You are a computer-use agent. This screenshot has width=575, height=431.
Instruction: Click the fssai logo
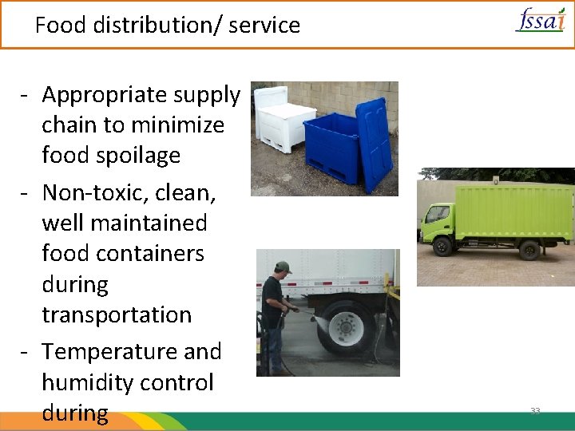pyautogui.click(x=540, y=19)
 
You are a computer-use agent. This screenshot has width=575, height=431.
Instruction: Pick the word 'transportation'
pyautogui.click(x=117, y=314)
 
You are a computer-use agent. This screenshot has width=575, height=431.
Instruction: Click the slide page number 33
pyautogui.click(x=535, y=411)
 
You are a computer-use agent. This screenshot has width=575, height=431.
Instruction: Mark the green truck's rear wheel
pyautogui.click(x=529, y=251)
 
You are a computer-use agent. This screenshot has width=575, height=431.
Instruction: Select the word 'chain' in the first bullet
pyautogui.click(x=69, y=125)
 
